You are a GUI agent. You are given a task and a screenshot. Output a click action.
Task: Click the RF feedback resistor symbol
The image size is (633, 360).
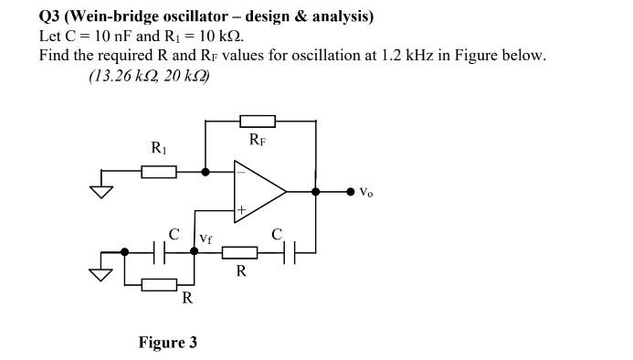(257, 121)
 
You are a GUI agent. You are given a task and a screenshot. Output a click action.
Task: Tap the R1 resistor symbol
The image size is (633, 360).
(159, 171)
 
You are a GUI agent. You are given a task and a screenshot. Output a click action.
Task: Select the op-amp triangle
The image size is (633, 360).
(259, 191)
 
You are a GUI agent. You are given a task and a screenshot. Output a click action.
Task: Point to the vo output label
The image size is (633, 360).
(365, 192)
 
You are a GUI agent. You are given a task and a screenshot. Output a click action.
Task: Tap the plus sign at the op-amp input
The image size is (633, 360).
(241, 210)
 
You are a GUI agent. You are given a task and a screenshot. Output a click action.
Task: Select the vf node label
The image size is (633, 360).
(206, 238)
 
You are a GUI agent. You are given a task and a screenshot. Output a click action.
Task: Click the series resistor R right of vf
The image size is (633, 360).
(240, 252)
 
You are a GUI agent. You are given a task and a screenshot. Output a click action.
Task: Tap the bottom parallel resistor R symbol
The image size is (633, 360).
(159, 285)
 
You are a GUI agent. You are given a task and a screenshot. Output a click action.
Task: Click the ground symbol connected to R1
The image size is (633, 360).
(100, 191)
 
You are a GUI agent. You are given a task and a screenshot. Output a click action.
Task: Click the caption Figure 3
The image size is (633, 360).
(167, 343)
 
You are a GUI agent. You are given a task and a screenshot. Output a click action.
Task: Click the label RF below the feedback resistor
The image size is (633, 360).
(258, 140)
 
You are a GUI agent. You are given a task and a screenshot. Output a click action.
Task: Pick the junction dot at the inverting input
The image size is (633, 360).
(205, 171)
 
